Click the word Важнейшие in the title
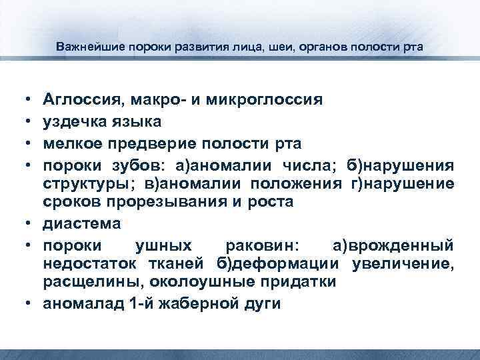click(85, 48)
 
